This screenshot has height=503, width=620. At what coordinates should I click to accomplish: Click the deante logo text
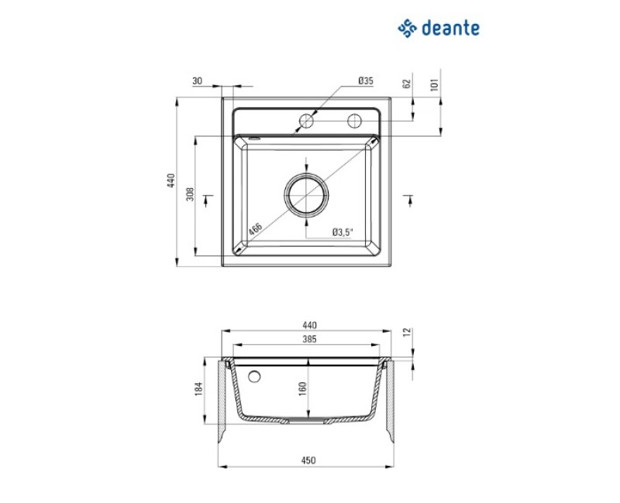point(451,28)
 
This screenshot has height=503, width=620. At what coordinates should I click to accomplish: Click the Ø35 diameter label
point(366,81)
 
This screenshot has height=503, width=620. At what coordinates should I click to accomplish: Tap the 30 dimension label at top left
point(197,81)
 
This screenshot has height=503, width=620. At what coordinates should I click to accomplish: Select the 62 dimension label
point(406,84)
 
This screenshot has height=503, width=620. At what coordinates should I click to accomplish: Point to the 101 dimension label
point(435,85)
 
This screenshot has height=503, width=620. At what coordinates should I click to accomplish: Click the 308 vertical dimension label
point(190,194)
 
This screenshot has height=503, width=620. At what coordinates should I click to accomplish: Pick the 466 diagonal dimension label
point(255,229)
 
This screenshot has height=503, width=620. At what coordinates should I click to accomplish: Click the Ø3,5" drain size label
point(342,232)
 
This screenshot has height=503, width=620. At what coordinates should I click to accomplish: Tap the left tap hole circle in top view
point(306,121)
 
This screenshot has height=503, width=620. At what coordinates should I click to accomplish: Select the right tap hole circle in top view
point(354,121)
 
